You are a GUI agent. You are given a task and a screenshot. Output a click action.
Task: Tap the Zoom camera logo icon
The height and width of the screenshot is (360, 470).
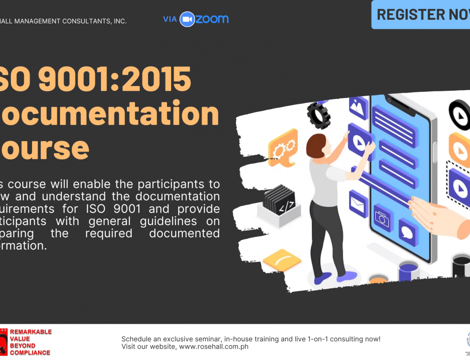[x=187, y=19]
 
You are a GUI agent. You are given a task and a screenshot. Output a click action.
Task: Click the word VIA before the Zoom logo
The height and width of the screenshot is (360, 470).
[x=170, y=19]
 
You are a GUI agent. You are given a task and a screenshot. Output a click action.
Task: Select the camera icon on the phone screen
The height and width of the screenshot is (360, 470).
[x=382, y=218]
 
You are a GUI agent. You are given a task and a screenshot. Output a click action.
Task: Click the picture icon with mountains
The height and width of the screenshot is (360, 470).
[x=358, y=107]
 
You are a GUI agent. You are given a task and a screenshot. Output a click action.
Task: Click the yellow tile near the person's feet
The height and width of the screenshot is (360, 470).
[x=282, y=259]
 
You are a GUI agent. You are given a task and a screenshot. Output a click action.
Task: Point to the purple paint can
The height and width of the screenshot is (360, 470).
[x=408, y=271]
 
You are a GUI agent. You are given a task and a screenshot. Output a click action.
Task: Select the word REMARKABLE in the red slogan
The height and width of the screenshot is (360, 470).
[x=31, y=332]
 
